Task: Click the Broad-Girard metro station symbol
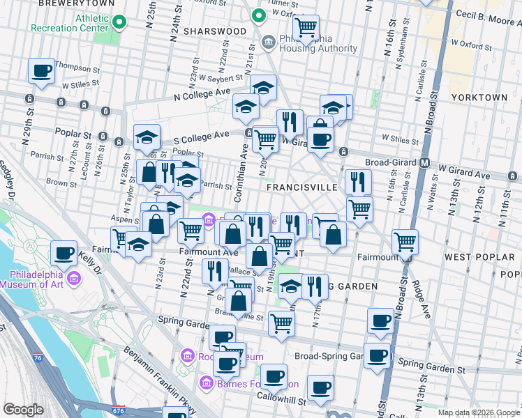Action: [424, 163]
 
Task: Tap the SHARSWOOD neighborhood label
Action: [215, 31]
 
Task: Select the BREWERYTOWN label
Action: [66, 3]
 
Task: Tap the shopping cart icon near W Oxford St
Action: [306, 28]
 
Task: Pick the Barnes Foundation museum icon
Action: [206, 382]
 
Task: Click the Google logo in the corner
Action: [23, 410]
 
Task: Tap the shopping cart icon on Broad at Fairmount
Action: [405, 242]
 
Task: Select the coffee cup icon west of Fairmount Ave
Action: [64, 254]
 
